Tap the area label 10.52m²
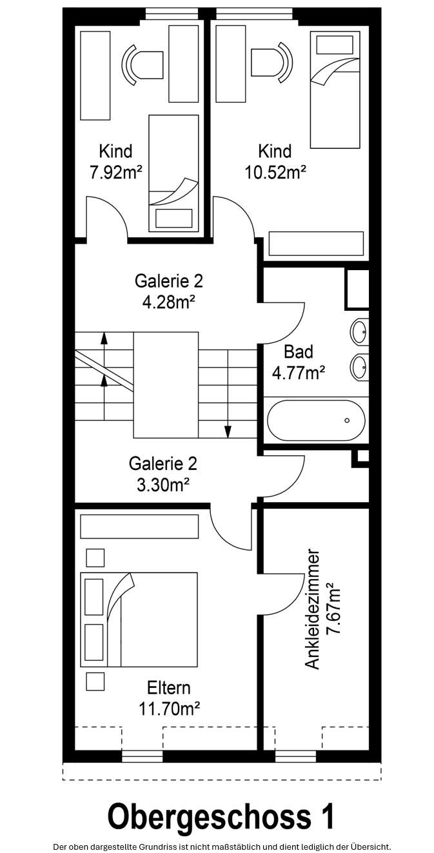275,172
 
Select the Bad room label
299,351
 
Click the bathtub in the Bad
316,420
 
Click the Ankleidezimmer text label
313,609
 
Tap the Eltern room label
168,687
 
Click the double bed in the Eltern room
139,619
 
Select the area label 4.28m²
168,302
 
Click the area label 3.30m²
163,484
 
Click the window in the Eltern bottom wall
142,756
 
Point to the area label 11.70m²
168,709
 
